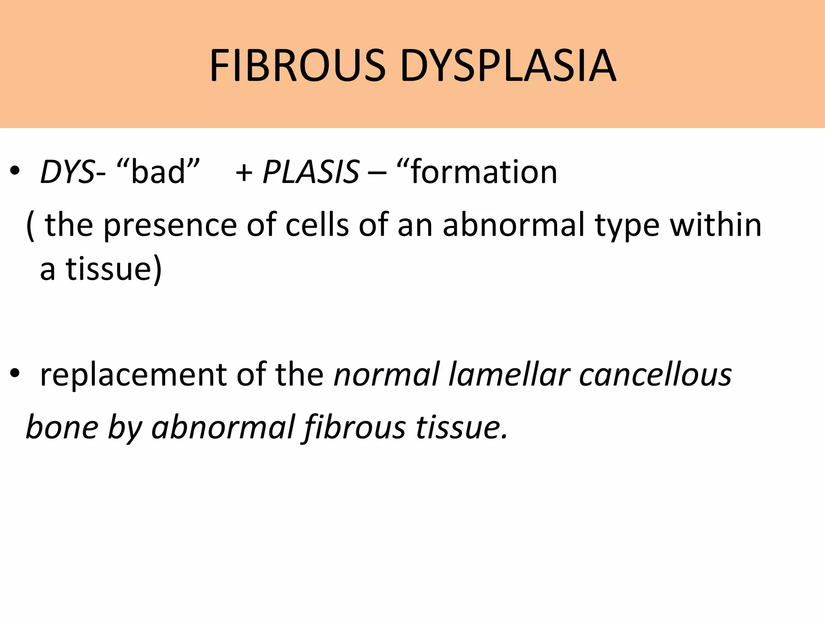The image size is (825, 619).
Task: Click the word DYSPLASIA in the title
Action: (x=508, y=65)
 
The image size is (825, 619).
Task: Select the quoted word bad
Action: (x=158, y=172)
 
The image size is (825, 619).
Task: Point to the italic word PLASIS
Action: (x=311, y=172)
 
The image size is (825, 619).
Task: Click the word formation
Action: (x=484, y=172)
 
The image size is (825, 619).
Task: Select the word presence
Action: (x=170, y=226)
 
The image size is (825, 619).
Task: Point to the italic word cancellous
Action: (x=655, y=375)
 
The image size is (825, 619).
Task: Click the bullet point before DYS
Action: (x=15, y=172)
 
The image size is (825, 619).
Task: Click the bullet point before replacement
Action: (x=15, y=375)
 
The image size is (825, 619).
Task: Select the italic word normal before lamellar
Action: (x=386, y=375)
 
